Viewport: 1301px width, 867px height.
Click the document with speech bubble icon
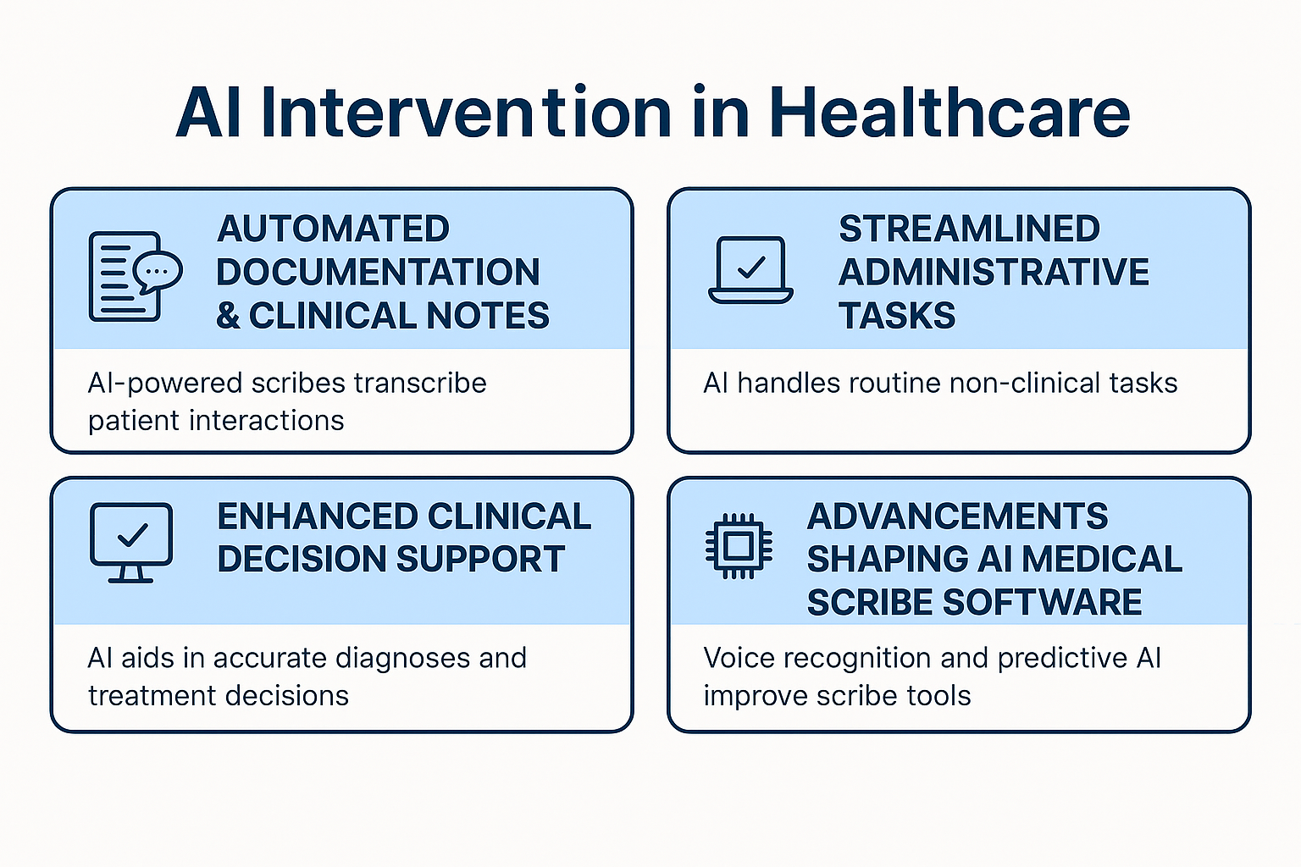coord(136,276)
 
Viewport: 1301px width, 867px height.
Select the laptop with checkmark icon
coord(750,269)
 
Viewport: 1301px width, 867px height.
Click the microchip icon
coord(739,546)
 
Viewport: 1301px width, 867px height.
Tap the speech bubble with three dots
coord(158,272)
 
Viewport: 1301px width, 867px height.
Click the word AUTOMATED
coord(334,229)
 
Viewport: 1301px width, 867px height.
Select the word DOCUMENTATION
coord(378,272)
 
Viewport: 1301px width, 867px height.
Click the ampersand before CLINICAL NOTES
coord(228,315)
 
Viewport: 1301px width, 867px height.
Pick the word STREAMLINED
coord(969,229)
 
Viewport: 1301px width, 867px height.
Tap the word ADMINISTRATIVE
coord(994,272)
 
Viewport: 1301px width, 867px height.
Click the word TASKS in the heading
coord(897,315)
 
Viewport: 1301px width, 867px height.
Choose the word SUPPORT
coord(480,559)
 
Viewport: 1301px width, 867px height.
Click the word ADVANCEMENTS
coord(958,516)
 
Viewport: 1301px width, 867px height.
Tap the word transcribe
coord(420,384)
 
